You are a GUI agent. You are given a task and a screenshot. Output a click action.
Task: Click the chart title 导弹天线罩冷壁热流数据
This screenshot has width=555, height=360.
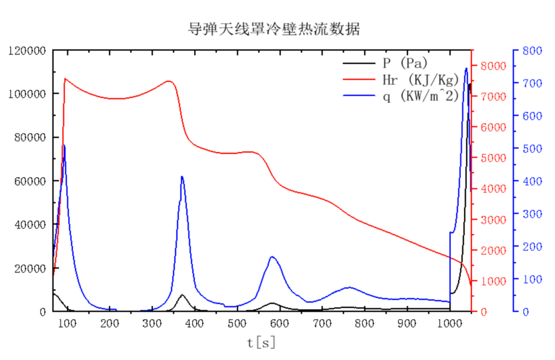(x=274, y=29)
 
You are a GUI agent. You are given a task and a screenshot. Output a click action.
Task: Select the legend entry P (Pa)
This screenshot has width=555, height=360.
(x=405, y=63)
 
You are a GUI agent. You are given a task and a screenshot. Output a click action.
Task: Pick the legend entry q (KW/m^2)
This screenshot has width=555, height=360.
(x=419, y=96)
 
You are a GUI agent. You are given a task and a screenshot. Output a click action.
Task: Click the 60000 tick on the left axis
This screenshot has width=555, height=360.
(x=30, y=181)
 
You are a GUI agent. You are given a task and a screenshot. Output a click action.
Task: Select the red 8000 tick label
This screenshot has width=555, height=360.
(x=494, y=66)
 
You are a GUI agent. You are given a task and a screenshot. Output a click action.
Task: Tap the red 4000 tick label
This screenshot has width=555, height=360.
(x=494, y=189)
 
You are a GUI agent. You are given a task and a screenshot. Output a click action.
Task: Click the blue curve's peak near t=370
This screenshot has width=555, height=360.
(x=182, y=176)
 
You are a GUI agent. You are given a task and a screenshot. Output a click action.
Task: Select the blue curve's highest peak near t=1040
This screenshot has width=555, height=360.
(x=466, y=68)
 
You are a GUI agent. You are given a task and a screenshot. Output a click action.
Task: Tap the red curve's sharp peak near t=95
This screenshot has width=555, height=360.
(x=65, y=79)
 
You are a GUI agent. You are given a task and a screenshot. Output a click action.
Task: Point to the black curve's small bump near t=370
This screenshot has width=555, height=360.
(x=182, y=295)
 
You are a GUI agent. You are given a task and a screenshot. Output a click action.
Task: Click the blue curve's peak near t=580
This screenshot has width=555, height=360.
(x=272, y=257)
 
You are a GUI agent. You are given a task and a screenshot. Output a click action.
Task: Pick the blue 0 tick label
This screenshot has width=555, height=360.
(x=525, y=312)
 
